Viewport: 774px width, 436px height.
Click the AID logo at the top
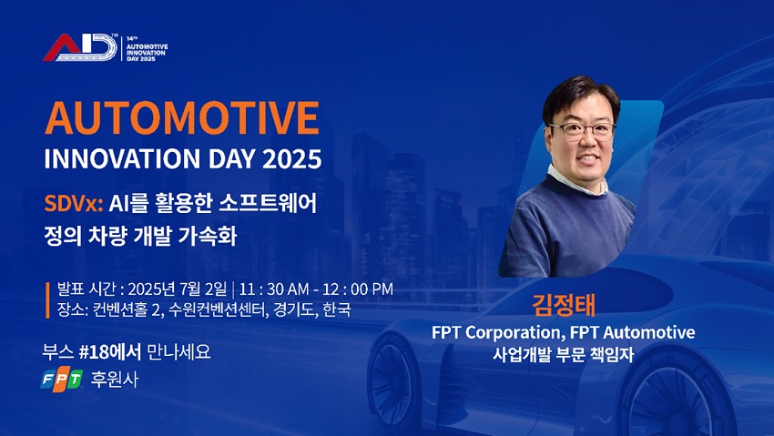80,47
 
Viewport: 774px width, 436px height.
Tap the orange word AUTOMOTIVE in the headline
182,118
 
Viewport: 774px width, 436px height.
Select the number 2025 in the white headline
291,158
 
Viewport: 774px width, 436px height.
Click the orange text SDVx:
74,203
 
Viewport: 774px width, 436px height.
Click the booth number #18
94,351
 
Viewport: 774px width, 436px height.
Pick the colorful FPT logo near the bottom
62,380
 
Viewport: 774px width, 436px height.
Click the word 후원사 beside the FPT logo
115,380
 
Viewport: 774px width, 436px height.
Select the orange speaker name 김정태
564,305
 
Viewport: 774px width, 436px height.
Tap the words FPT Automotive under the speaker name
632,333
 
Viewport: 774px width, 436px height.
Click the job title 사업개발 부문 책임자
563,354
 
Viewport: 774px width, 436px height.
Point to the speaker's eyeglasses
582,131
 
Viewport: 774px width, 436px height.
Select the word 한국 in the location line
337,309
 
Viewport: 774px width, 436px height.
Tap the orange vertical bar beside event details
48,299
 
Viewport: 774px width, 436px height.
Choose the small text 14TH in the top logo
131,38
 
